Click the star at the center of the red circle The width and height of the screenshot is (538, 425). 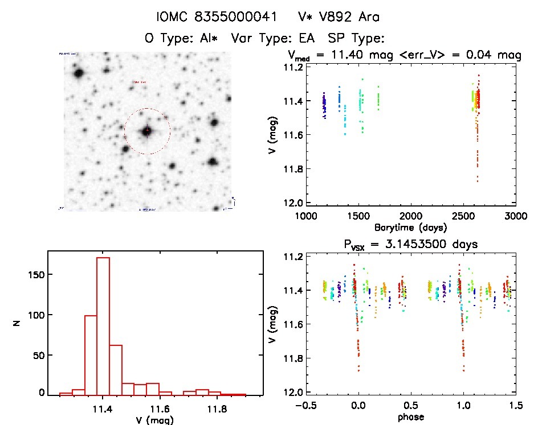(x=147, y=131)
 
